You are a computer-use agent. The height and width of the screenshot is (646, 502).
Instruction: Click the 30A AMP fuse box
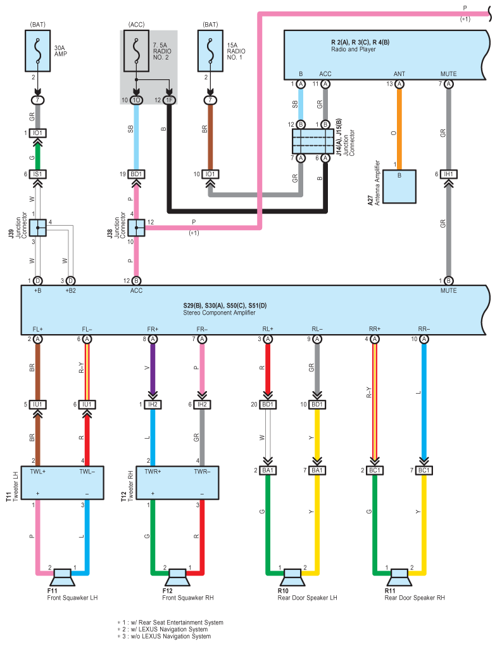coord(38,51)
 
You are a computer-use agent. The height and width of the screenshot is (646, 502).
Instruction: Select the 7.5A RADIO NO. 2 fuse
coord(136,51)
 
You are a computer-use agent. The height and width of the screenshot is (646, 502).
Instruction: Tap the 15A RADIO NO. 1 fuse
coord(210,51)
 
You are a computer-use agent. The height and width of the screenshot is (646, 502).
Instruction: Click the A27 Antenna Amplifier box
coord(399,186)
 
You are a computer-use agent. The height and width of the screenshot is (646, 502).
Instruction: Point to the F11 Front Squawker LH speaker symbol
coord(62,577)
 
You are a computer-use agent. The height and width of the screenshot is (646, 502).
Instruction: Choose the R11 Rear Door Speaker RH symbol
coord(399,577)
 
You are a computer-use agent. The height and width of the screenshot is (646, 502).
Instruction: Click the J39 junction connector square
coord(38,228)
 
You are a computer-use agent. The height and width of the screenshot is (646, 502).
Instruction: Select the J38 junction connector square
coord(136,228)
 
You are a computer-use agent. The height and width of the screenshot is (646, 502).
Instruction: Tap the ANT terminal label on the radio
coord(399,74)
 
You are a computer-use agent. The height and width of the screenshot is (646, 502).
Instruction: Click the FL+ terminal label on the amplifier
coord(38,329)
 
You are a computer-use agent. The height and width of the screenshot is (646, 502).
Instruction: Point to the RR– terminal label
coord(424,329)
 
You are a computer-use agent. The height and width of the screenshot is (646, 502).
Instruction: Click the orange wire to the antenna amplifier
coord(399,129)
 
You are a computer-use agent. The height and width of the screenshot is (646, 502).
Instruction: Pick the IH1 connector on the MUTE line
coord(448,174)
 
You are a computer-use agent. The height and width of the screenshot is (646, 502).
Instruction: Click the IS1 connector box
coord(38,174)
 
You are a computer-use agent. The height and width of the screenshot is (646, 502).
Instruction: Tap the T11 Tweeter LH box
coord(62,483)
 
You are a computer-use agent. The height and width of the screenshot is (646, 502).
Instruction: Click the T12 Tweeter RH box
coord(177,483)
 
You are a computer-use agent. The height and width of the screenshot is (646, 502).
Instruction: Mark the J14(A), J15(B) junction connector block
coord(313,141)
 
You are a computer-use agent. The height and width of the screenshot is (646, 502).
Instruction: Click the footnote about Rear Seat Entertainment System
coord(170,623)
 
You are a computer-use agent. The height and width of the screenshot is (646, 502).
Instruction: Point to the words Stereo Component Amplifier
coord(219,313)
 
